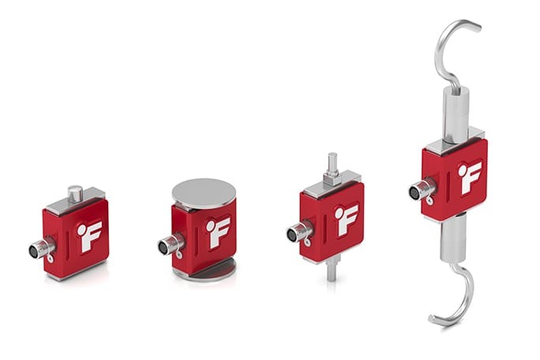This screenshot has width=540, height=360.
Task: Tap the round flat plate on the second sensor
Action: tap(203, 191)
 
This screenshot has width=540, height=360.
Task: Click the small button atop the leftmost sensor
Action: tap(75, 192)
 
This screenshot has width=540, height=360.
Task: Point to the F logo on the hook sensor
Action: tap(470, 177)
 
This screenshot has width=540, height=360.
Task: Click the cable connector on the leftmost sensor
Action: tap(39, 250)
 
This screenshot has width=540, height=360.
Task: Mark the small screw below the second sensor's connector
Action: tap(181, 254)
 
